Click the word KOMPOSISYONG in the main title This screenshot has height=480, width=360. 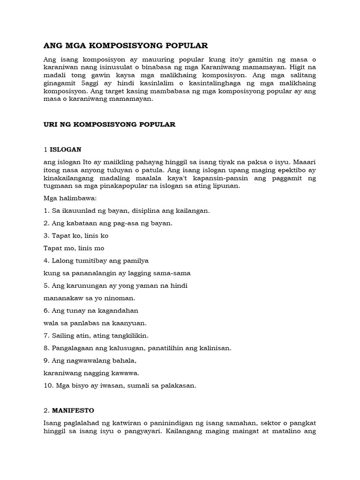(x=135, y=45)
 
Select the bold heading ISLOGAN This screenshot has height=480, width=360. (x=66, y=150)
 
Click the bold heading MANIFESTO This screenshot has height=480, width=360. (x=72, y=410)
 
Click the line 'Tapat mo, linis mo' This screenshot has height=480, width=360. (x=74, y=248)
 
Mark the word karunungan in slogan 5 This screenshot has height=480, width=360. (x=83, y=285)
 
